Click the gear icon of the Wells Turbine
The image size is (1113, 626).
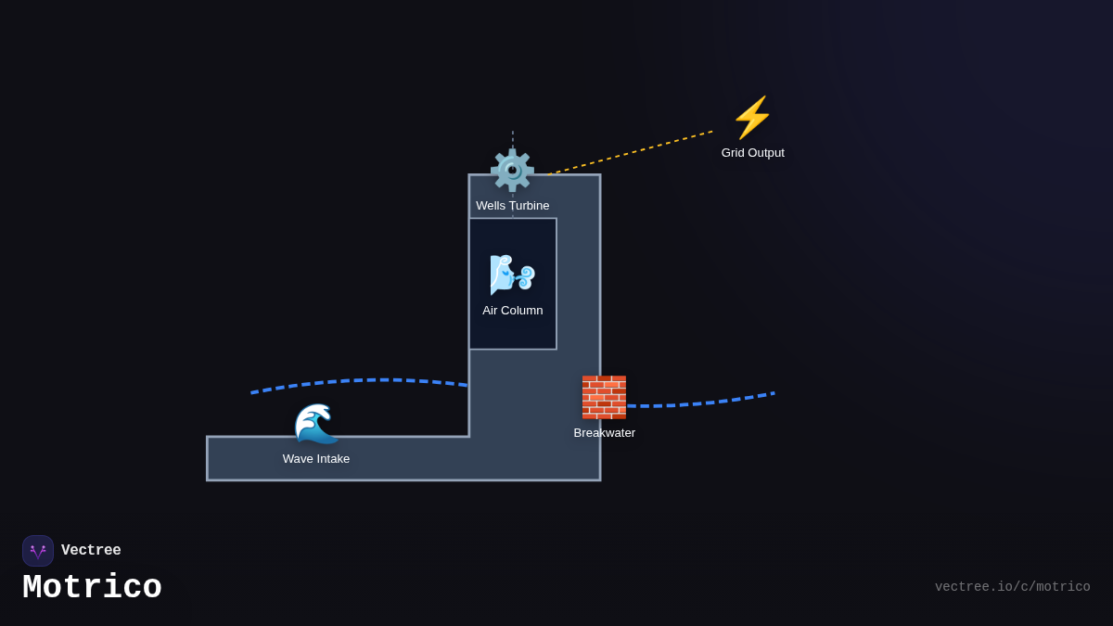point(512,171)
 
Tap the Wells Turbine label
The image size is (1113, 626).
point(512,206)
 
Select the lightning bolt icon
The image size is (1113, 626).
point(752,118)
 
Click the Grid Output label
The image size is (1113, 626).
point(752,153)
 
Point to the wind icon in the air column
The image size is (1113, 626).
point(512,275)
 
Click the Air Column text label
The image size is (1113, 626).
point(512,311)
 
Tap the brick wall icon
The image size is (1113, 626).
point(604,397)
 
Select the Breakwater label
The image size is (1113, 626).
point(604,433)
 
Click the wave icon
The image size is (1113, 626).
point(316,424)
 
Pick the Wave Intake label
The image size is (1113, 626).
point(316,459)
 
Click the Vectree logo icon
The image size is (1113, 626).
point(38,551)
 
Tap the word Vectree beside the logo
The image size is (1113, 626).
point(91,551)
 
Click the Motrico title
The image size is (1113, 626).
point(92,588)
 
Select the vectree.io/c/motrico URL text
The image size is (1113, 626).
point(1012,587)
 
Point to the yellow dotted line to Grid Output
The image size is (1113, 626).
point(631,153)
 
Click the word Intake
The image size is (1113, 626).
point(333,459)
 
